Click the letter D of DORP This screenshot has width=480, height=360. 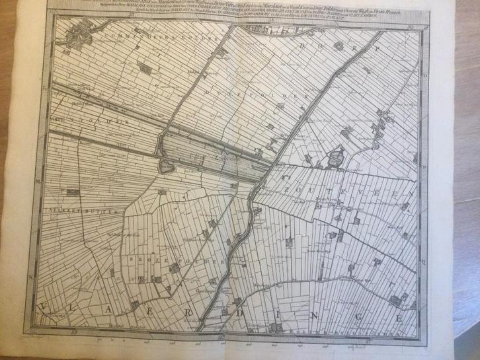(305, 46)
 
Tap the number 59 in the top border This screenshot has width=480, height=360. (410, 27)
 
